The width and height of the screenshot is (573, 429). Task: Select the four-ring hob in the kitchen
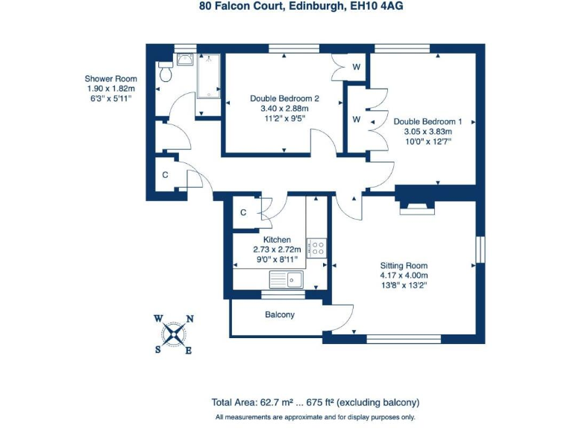click(317, 247)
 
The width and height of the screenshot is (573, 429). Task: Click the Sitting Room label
click(404, 265)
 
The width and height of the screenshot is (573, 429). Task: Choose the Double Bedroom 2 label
click(284, 98)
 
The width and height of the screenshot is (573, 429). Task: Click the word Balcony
click(280, 315)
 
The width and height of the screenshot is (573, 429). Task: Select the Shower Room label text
click(111, 79)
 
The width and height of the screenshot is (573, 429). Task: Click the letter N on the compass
click(190, 319)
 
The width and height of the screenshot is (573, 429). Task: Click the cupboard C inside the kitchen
click(243, 213)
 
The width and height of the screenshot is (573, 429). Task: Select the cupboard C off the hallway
click(165, 176)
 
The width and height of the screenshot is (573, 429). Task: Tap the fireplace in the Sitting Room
click(416, 204)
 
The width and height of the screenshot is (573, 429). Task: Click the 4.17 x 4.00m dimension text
click(404, 275)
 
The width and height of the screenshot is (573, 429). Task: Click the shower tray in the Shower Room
click(208, 84)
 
